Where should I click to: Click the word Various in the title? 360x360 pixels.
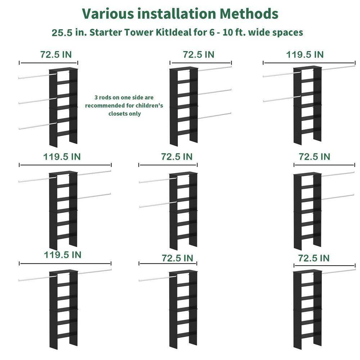108,13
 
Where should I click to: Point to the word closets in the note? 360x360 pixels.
117,113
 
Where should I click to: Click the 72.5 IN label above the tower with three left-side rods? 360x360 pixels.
56,54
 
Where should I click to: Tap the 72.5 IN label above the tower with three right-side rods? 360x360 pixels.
199,54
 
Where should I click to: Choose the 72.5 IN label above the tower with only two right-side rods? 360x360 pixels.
314,157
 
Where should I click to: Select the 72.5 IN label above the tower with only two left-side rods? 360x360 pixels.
177,157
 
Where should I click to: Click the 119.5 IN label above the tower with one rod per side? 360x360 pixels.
62,255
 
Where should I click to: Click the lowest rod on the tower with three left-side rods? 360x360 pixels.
37,126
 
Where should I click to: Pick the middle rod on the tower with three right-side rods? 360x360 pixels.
215,92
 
